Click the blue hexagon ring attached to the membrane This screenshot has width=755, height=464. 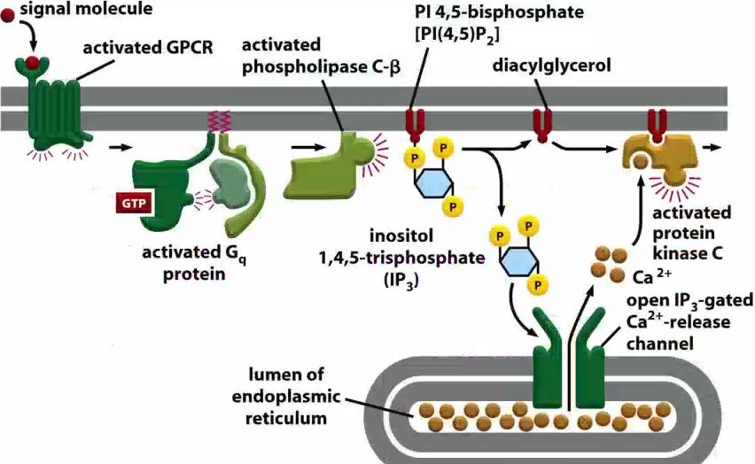pos(433,183)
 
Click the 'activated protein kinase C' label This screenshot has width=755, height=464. pos(691,232)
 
